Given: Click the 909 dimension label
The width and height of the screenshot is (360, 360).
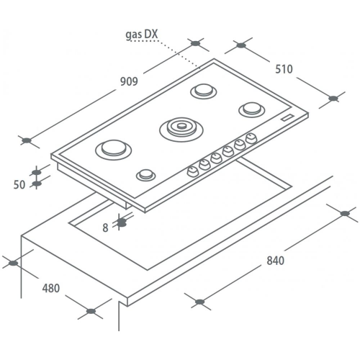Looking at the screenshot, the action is [129, 81].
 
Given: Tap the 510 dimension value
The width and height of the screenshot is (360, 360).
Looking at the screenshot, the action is [284, 69].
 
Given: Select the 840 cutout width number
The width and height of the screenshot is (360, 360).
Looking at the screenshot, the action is [276, 261].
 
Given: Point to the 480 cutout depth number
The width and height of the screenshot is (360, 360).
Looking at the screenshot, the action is [51, 288].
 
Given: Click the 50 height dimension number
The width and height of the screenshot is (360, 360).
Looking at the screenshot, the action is [19, 185].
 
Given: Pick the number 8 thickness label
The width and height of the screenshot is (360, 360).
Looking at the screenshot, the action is [105, 228].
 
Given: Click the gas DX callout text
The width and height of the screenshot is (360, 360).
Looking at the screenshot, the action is [142, 35].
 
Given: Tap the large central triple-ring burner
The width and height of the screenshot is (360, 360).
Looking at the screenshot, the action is [181, 130].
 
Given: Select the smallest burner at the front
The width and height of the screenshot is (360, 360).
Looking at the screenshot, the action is [146, 175].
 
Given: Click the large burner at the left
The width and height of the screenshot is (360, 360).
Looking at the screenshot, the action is [114, 150].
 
